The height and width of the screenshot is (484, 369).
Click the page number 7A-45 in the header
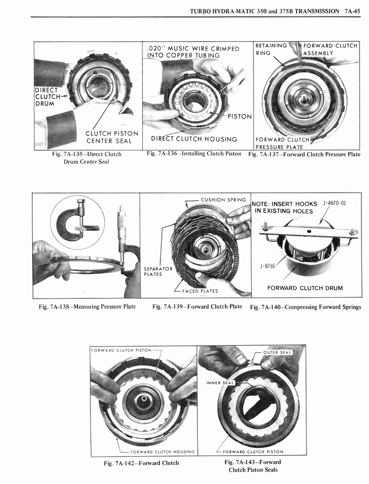353,11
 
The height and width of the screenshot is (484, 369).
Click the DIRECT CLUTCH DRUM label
47,97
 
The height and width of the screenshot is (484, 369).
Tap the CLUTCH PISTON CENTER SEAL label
112,137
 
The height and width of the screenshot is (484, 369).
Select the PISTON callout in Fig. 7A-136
240,117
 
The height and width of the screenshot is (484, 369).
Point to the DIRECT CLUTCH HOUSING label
194,139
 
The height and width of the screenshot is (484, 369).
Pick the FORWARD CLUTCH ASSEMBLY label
330,49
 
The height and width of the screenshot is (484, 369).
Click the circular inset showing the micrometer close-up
77,222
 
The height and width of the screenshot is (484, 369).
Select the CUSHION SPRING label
223,199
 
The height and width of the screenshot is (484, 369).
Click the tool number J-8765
267,266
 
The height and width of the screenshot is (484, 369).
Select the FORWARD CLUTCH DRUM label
305,288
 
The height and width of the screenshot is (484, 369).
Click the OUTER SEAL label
277,353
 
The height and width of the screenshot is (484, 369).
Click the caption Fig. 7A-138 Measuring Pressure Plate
87,307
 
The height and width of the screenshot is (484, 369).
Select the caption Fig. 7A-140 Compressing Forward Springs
305,307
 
